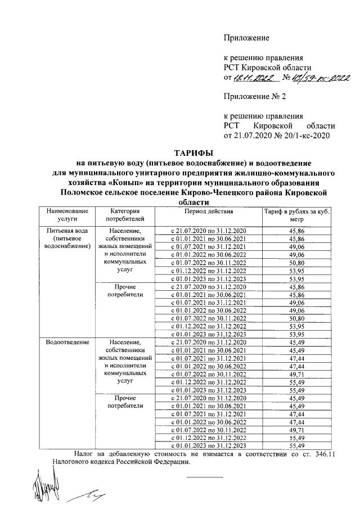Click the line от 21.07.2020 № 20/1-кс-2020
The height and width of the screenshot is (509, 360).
pyautogui.click(x=276, y=135)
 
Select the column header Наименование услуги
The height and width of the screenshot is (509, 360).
pyautogui.click(x=62, y=215)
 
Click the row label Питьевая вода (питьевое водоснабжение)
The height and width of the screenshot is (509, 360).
pyautogui.click(x=62, y=238)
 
